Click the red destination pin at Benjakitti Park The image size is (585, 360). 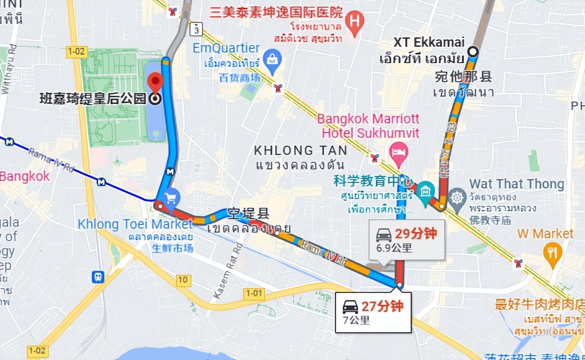[x=155, y=82]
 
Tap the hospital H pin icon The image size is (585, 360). [x=354, y=22]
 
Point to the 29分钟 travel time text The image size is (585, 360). [x=416, y=234]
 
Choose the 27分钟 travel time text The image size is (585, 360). [x=382, y=306]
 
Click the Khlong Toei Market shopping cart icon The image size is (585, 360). [x=170, y=197]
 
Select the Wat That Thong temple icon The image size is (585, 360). [x=458, y=197]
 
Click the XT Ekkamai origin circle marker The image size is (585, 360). [x=473, y=51]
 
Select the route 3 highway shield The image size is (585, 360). [x=195, y=29]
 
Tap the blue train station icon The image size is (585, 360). [x=98, y=277]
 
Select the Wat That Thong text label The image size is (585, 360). [x=517, y=184]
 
